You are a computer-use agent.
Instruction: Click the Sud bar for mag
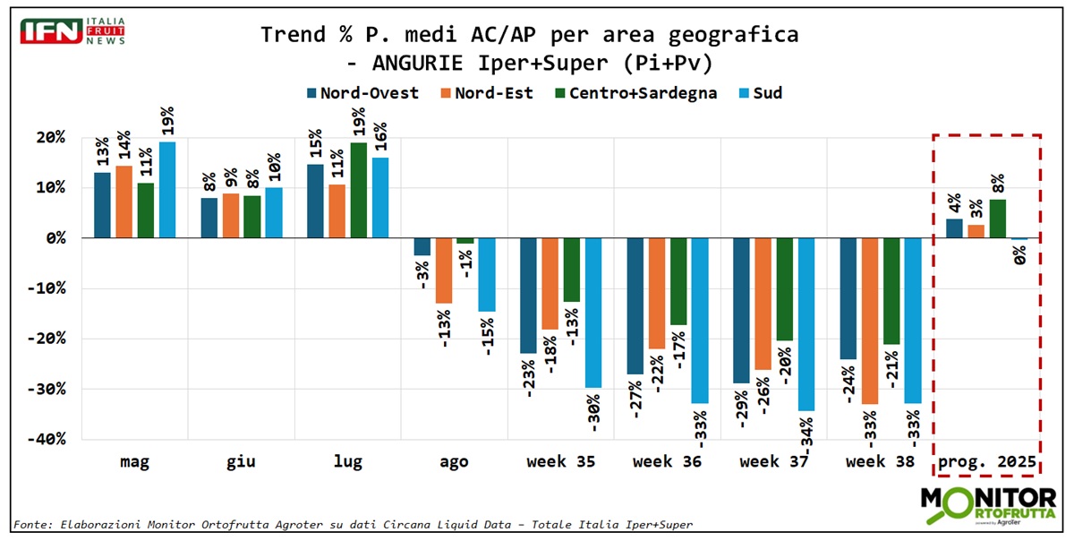coord(167,190)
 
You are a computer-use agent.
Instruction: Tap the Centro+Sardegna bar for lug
coord(358,190)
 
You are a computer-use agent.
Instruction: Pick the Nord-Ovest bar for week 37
coord(741,310)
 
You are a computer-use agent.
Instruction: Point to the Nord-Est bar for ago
coord(443,270)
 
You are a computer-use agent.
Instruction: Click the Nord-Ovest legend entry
coord(362,93)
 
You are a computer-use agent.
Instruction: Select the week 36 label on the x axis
coord(667,462)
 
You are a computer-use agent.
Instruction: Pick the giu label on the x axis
coord(241,462)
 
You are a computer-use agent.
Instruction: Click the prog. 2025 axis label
coord(988,462)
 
